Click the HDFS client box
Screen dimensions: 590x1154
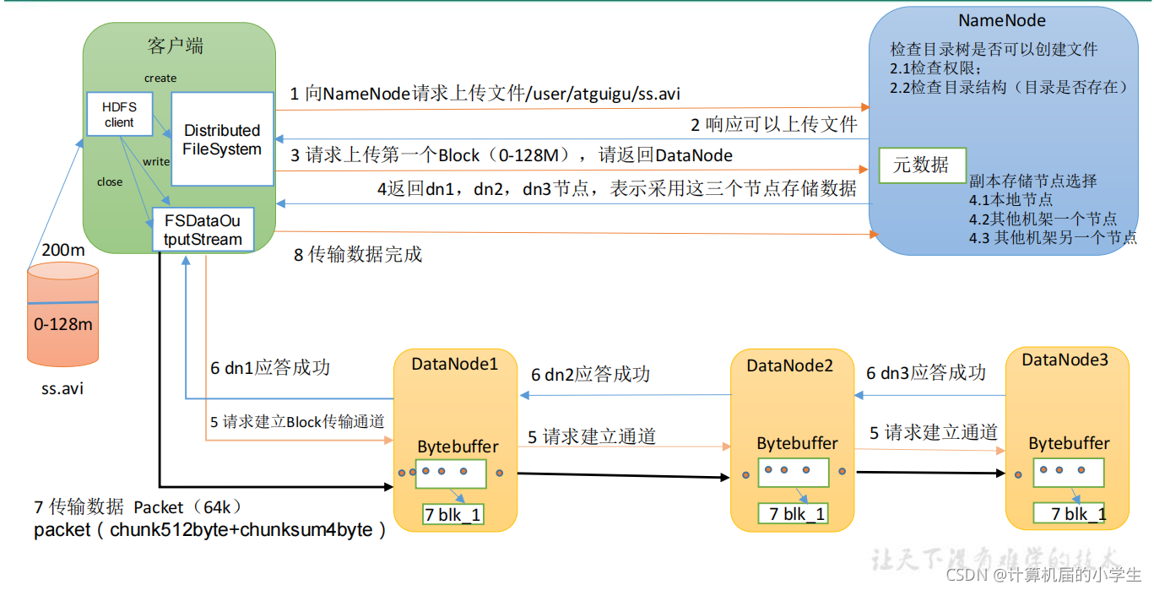coord(119,114)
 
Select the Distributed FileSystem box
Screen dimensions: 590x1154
coord(223,139)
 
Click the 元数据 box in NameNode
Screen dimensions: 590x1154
coord(921,165)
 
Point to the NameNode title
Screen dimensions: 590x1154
coord(1002,21)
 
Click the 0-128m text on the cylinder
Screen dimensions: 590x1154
coord(63,323)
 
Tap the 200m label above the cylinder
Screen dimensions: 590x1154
coord(62,251)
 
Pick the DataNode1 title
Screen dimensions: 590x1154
coord(455,364)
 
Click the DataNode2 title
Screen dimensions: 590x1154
coord(789,365)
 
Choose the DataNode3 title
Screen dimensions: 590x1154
coord(1064,360)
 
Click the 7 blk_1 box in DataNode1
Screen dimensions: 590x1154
coord(452,514)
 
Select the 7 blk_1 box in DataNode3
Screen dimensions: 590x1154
coord(1069,513)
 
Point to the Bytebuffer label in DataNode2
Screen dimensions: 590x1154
coord(797,443)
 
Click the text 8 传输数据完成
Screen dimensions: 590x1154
coord(358,254)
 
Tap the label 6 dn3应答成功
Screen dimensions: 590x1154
coord(925,372)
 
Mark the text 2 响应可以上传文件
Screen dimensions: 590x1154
coord(773,125)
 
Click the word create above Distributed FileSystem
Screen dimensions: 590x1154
coord(160,78)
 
